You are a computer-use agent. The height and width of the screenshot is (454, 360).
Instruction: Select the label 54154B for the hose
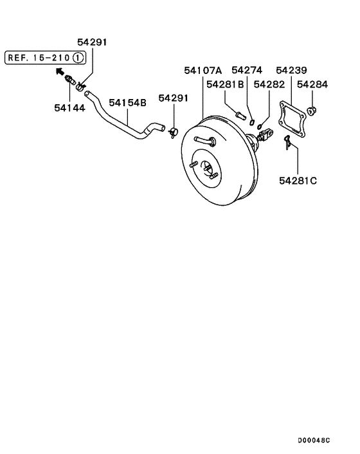127,102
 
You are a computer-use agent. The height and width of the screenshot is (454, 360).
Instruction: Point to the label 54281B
225,84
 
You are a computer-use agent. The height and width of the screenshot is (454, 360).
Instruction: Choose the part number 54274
247,69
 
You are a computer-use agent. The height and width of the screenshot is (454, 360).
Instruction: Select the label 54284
311,84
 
